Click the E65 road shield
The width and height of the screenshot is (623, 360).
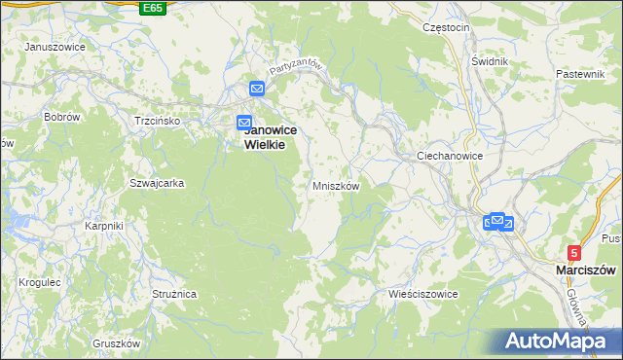point(152,8)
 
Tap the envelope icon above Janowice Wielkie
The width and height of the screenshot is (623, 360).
point(257,89)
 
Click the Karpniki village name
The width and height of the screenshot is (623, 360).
point(103,226)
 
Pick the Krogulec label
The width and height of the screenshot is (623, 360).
point(40,282)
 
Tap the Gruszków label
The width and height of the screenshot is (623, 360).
point(117,343)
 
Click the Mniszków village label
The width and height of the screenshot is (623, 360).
point(336,185)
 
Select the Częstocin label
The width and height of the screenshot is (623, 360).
point(447,27)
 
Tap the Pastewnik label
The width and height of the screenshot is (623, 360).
point(581,74)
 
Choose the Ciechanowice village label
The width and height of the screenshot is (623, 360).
point(450,155)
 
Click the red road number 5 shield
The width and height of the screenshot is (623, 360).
point(574,251)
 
